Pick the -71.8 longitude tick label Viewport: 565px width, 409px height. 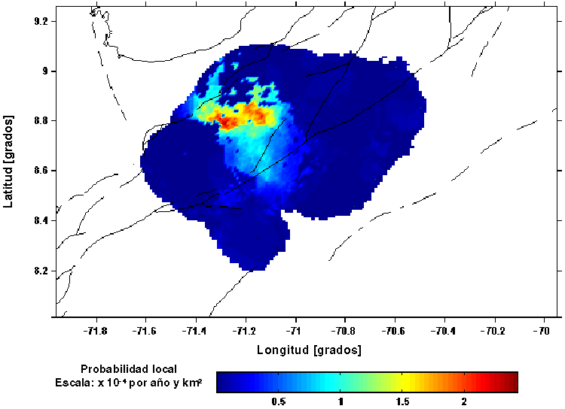(96, 330)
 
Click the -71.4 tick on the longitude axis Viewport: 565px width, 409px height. (195, 330)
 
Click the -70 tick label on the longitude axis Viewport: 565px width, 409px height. (541, 330)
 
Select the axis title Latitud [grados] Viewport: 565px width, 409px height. (10, 161)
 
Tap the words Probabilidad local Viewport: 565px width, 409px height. (128, 368)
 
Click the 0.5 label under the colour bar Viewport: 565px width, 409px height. (278, 401)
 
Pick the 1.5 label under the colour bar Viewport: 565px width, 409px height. (402, 401)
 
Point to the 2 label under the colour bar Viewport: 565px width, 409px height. (464, 401)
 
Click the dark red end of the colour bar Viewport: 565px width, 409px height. (512, 382)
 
